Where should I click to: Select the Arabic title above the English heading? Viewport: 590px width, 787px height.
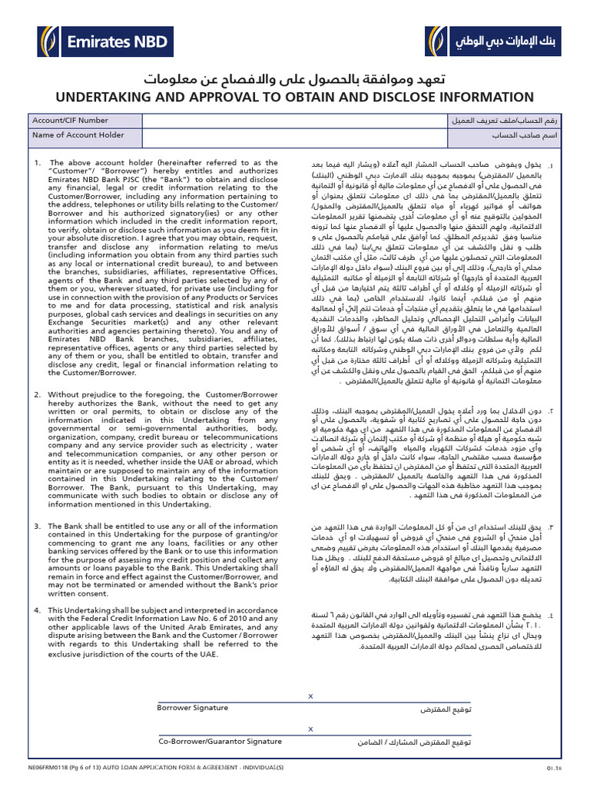click(294, 80)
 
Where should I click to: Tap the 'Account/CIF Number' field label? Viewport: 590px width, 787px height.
click(70, 121)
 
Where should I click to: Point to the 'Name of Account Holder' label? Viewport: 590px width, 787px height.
click(78, 135)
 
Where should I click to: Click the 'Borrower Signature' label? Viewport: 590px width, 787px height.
click(193, 707)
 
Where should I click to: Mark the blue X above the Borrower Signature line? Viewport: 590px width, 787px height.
click(310, 696)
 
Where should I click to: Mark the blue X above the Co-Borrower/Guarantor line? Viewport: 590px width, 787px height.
click(310, 729)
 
